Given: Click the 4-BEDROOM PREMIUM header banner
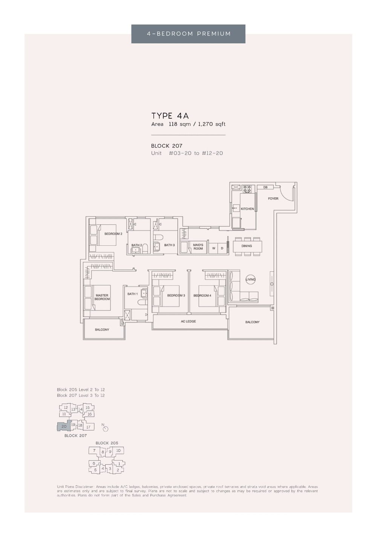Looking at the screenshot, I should point(188,34).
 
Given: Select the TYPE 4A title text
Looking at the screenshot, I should point(170,116).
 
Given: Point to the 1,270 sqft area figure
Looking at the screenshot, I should point(211,124).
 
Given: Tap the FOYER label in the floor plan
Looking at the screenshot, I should point(273,199).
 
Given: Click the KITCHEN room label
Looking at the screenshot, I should point(247,209).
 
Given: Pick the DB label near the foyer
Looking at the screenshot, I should point(265,187).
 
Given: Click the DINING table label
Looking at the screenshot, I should point(247,246).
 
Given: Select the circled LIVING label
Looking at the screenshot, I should point(250,279).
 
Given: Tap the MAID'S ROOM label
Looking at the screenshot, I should point(198,247).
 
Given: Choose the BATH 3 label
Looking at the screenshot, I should point(169,245).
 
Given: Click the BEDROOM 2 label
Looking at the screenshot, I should point(113,234).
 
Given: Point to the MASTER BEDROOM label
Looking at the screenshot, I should point(102,297).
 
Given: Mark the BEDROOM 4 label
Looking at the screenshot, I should point(202,295).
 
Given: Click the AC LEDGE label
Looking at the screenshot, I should point(188,321).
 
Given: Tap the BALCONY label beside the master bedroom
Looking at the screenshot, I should point(102,330).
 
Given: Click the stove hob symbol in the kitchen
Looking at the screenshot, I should point(247,189).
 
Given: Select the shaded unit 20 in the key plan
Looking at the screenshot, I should point(64,427).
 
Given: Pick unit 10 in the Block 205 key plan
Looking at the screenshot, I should point(118,450).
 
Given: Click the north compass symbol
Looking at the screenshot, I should point(105,428).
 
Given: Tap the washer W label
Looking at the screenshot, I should point(214,248).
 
